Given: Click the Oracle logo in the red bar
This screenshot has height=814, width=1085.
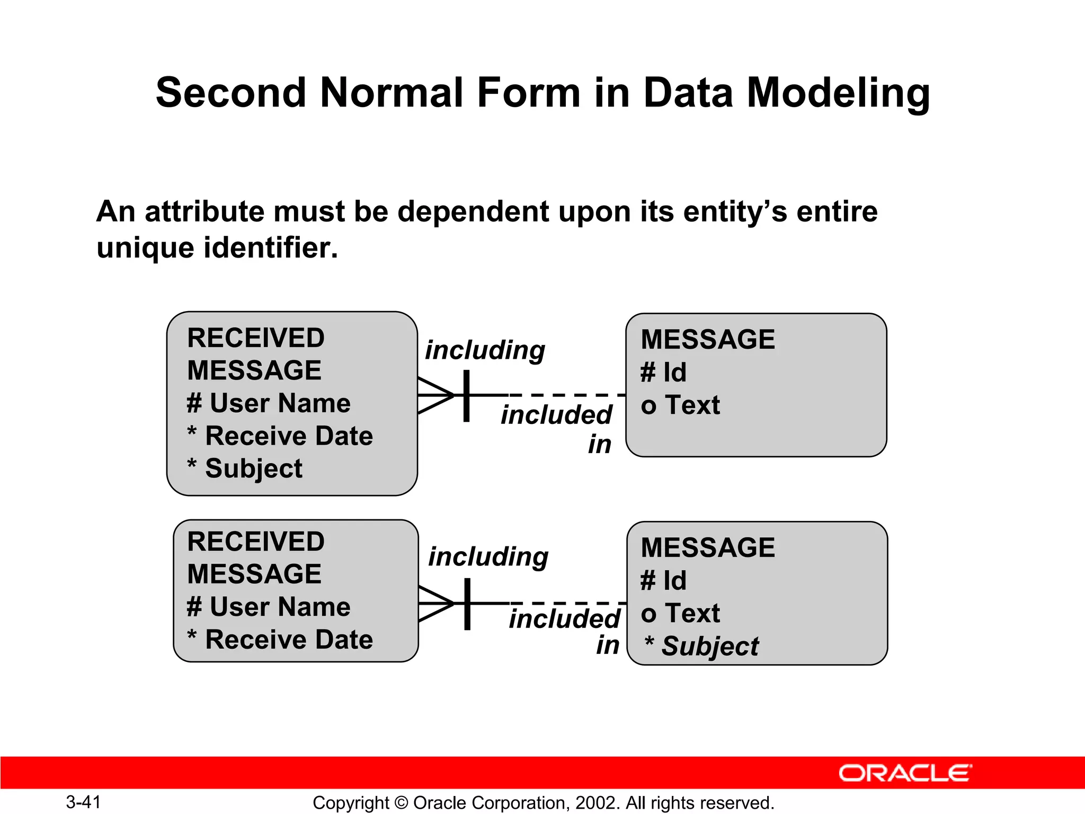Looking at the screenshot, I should pos(905,773).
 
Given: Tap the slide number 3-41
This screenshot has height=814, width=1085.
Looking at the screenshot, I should pos(83,802).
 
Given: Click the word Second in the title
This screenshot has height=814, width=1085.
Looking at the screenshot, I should pos(231,93).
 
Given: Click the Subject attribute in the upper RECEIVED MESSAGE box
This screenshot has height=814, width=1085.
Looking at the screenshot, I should pos(253,468).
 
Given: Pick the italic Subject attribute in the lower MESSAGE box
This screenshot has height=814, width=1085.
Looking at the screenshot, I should pos(710,646).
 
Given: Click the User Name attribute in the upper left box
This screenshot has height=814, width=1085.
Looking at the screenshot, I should pos(280,403).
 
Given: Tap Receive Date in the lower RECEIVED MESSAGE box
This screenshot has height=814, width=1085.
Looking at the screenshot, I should pos(289,640).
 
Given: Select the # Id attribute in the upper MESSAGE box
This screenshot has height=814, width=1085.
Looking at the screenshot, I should pos(664,372).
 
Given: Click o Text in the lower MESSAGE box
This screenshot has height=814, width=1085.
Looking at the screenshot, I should pos(680,614).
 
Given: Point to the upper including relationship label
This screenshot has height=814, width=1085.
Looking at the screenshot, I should pos(485,350).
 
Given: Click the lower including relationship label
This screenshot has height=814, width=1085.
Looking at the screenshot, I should pos(488,557).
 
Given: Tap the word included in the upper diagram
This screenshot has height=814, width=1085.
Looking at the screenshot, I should pos(556,415).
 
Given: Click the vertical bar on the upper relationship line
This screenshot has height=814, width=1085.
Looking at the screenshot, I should pos(466,395).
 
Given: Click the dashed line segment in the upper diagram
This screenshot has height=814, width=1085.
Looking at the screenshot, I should pos(567,395).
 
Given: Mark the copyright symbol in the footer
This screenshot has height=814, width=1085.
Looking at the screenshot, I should pos(401,803).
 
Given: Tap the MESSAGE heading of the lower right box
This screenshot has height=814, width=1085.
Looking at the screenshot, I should pos(708,547).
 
